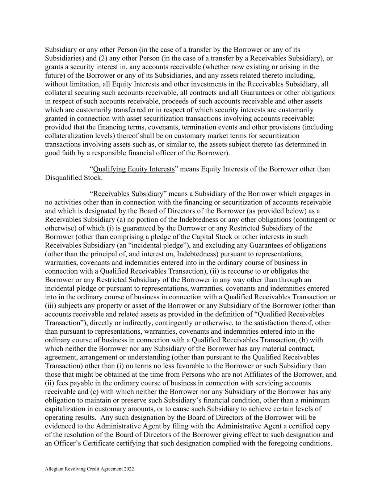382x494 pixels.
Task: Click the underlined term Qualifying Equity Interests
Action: coord(134,169)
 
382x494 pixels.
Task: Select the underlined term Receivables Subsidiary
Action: coord(129,194)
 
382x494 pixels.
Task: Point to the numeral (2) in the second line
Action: coord(104,58)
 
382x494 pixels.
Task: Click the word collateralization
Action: coord(69,136)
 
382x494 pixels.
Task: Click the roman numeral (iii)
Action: coord(50,305)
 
